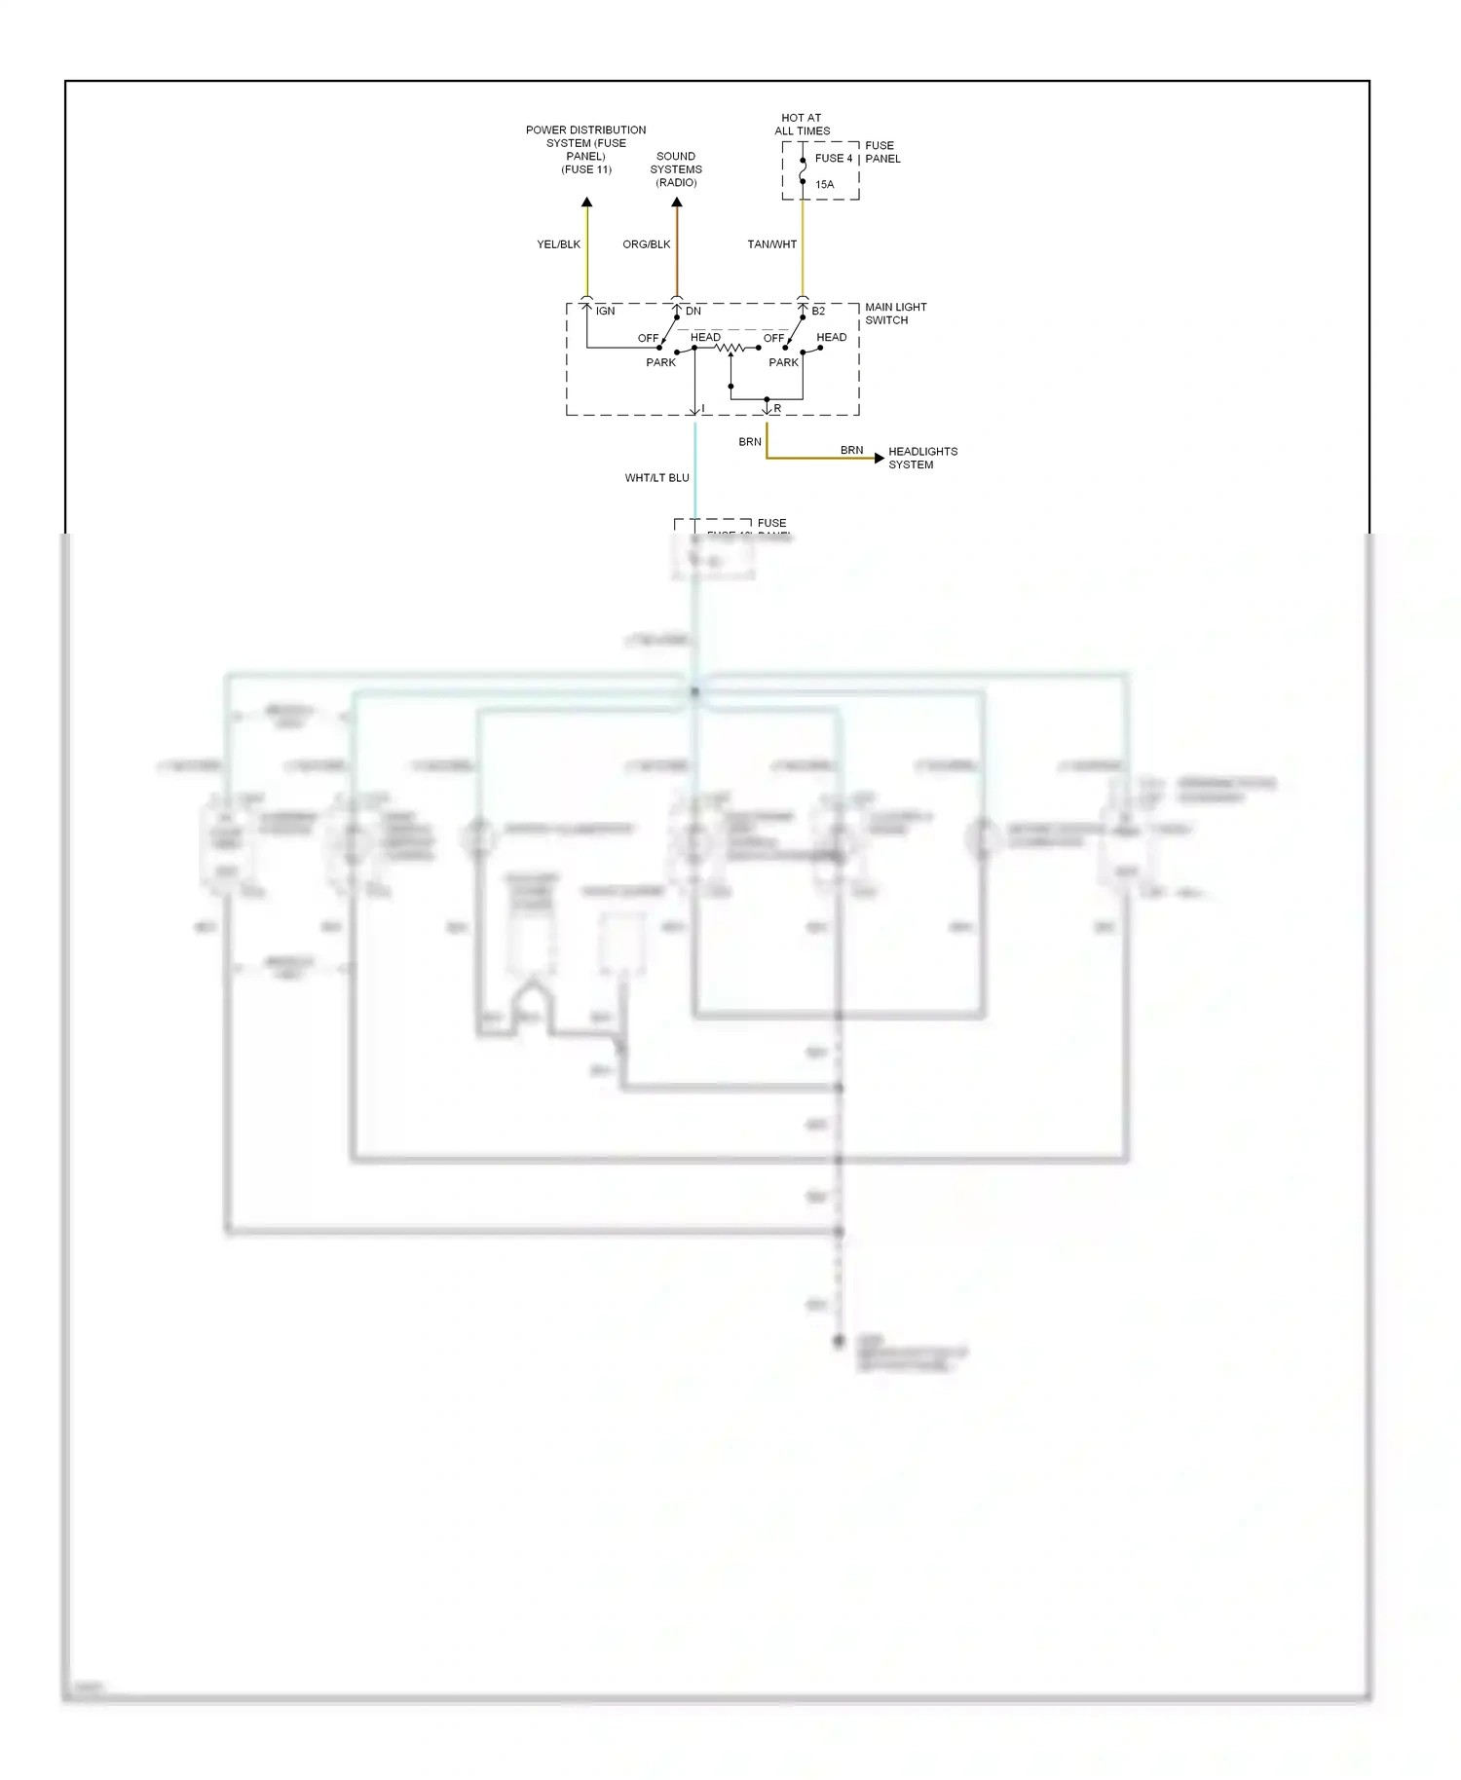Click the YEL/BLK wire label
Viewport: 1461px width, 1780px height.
coord(558,244)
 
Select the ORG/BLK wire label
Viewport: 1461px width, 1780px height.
coord(646,244)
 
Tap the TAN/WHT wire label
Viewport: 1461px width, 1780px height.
coord(771,244)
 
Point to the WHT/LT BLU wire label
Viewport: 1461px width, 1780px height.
coord(656,478)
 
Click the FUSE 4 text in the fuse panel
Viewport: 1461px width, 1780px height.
coord(833,158)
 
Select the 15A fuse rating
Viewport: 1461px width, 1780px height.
coord(824,184)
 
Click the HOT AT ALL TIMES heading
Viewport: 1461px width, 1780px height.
coord(802,124)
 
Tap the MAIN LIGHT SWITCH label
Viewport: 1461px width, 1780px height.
coord(895,314)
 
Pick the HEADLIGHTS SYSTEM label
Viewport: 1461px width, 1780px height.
coord(921,458)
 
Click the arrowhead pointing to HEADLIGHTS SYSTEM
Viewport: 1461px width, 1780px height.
coord(880,458)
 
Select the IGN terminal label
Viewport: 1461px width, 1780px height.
coord(605,312)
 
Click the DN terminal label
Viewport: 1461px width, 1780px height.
coord(693,312)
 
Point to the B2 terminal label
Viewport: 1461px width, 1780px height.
coord(818,312)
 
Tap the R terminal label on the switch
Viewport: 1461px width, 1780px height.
coord(777,409)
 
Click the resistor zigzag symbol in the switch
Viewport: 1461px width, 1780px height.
coord(730,348)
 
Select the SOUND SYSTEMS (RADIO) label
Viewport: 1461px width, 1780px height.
coord(676,169)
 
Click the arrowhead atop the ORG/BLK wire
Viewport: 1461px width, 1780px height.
coord(677,203)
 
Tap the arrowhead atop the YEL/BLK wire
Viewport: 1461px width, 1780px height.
coord(586,203)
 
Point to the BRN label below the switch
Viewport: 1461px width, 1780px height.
coord(749,442)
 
